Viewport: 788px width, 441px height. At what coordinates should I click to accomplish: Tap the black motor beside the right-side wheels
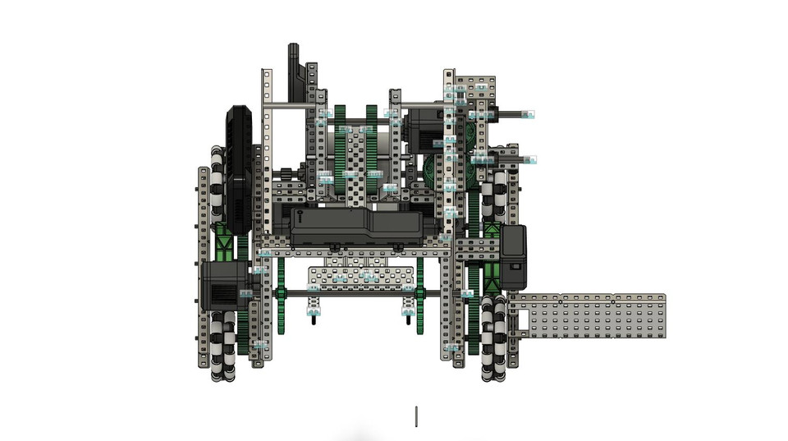tap(514, 256)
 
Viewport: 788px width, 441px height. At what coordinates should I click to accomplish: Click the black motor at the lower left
tap(219, 284)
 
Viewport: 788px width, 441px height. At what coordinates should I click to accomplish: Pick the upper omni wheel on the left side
tap(218, 184)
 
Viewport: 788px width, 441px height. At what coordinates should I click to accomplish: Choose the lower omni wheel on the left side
tap(222, 345)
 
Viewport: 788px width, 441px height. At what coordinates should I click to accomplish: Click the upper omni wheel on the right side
tap(494, 197)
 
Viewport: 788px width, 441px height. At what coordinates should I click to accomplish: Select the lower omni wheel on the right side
tap(493, 338)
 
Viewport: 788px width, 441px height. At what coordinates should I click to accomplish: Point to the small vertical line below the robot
tap(416, 416)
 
